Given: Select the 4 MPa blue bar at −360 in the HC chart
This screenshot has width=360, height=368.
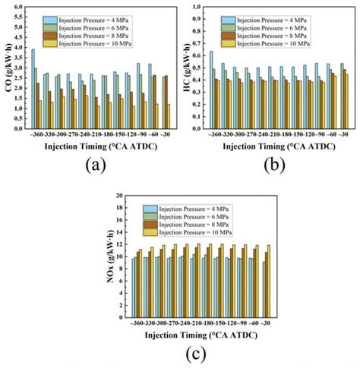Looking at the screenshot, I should [212, 90].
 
